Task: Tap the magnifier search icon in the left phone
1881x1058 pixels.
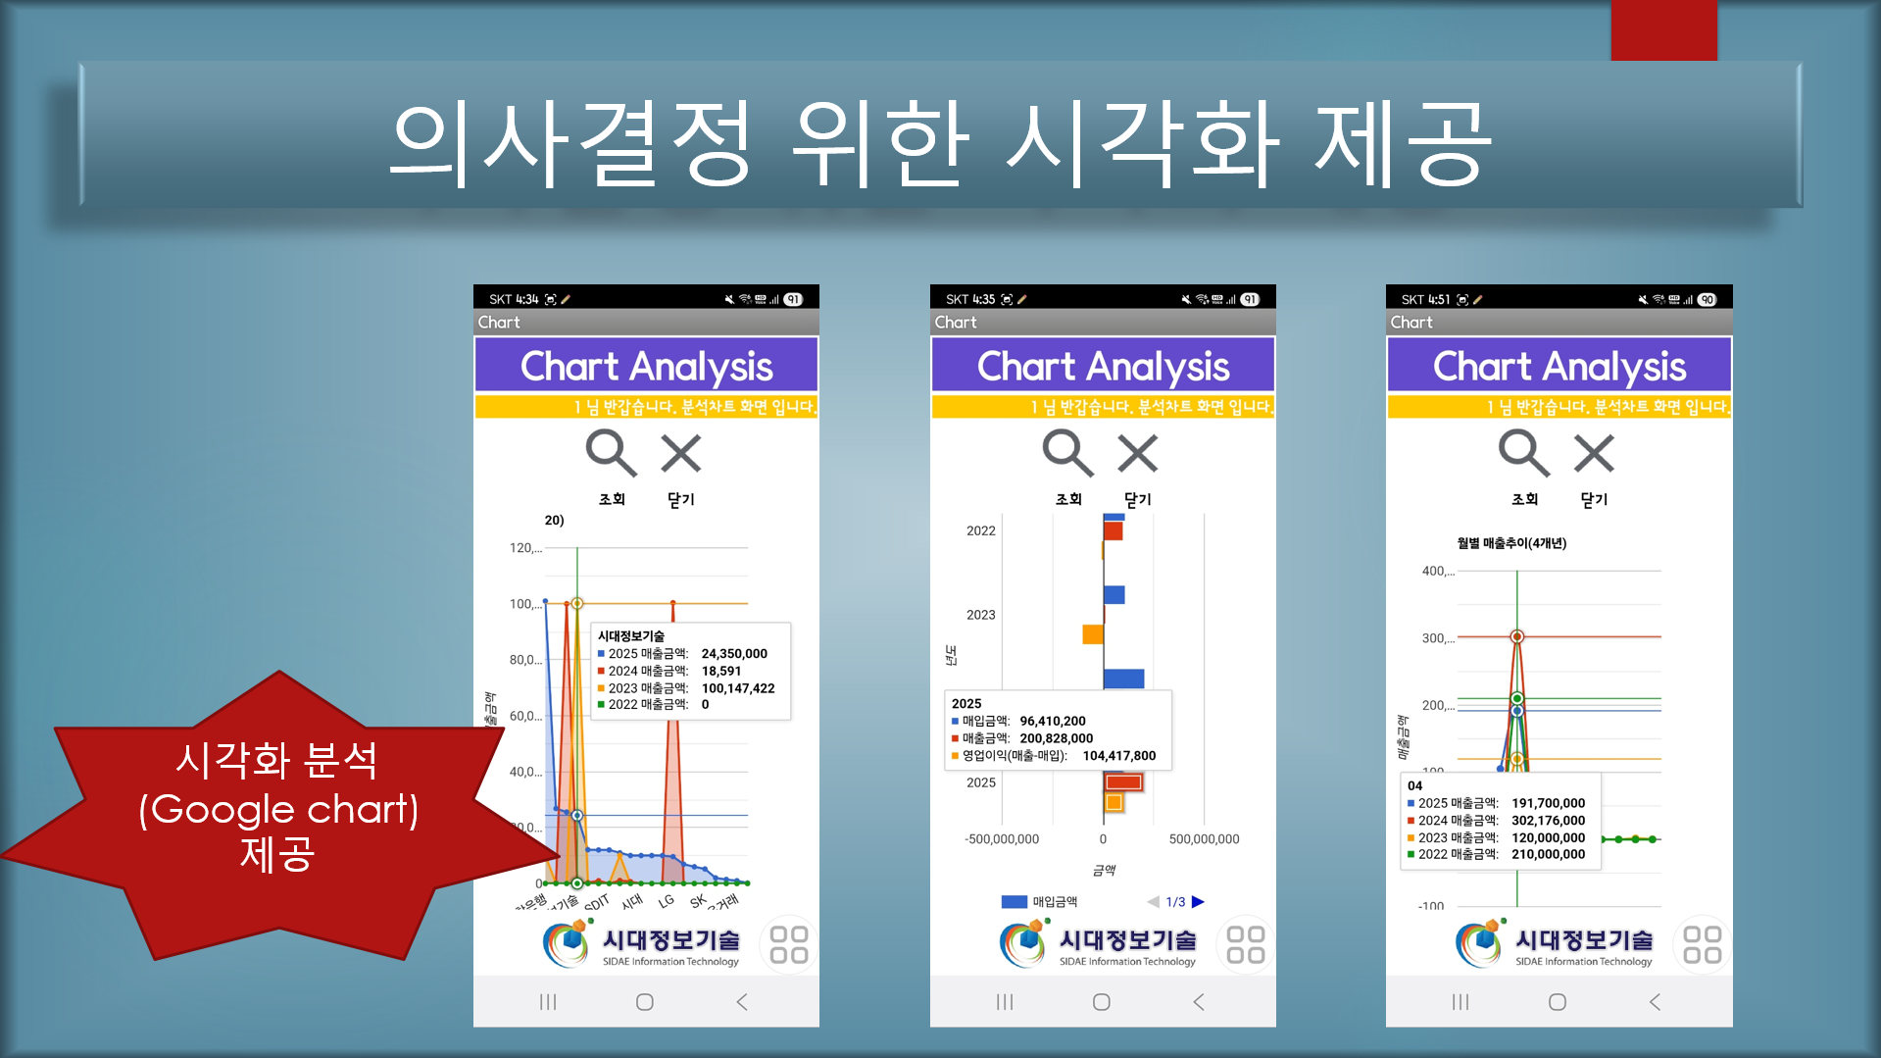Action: pyautogui.click(x=610, y=453)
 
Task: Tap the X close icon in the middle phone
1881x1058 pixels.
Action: pyautogui.click(x=1137, y=453)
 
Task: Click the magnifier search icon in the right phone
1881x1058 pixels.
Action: pyautogui.click(x=1522, y=453)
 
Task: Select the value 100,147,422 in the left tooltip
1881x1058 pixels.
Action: pyautogui.click(x=737, y=688)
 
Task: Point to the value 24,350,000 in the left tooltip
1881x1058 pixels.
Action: pyautogui.click(x=734, y=654)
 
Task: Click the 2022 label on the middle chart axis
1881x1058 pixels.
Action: pyautogui.click(x=980, y=530)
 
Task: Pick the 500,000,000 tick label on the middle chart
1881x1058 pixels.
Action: pyautogui.click(x=1204, y=839)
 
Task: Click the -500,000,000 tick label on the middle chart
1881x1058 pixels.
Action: pyautogui.click(x=1001, y=839)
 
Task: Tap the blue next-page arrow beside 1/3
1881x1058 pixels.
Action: pyautogui.click(x=1198, y=902)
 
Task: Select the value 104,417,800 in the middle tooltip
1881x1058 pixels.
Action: pyautogui.click(x=1118, y=756)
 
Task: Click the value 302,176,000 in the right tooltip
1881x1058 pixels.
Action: pyautogui.click(x=1548, y=821)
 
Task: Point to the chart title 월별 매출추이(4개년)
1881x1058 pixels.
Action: pyautogui.click(x=1511, y=543)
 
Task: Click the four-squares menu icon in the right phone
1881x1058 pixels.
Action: pyautogui.click(x=1702, y=944)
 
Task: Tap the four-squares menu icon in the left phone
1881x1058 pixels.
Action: pyautogui.click(x=789, y=944)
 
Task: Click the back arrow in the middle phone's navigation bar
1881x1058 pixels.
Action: pyautogui.click(x=1198, y=1002)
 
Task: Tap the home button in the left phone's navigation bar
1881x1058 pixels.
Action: pyautogui.click(x=644, y=1002)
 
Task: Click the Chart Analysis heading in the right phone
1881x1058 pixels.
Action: pyautogui.click(x=1559, y=367)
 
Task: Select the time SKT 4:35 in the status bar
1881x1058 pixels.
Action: pyautogui.click(x=970, y=300)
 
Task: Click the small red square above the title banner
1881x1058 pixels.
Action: pyautogui.click(x=1663, y=30)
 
